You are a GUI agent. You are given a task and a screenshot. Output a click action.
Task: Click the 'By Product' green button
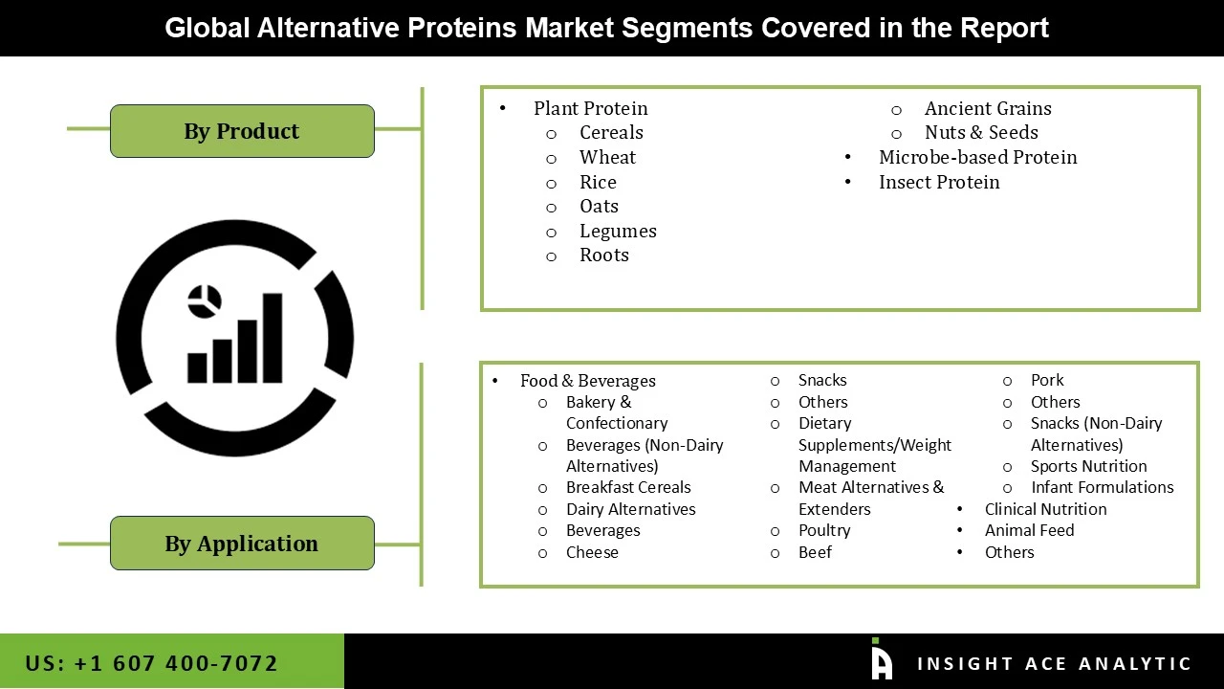click(242, 131)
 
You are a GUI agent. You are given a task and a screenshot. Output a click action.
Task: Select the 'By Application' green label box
click(242, 544)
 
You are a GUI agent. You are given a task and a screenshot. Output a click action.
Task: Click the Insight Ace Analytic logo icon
click(882, 660)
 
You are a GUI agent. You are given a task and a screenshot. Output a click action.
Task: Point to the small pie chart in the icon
click(204, 300)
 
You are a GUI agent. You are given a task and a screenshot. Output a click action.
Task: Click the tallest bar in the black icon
click(272, 337)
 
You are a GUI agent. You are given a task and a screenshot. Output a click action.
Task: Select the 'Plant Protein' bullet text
click(590, 108)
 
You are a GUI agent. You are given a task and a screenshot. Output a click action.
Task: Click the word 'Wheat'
click(607, 157)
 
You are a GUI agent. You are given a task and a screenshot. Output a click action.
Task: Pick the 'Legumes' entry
click(618, 231)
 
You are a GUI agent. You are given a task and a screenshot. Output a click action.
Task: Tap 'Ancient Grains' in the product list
click(988, 108)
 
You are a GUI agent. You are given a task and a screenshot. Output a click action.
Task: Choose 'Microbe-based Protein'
click(977, 157)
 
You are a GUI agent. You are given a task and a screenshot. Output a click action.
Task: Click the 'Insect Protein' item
click(939, 182)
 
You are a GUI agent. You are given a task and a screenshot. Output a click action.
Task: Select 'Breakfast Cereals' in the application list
click(628, 487)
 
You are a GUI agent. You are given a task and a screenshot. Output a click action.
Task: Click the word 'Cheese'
click(592, 552)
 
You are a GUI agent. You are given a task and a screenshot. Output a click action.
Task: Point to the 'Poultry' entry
click(824, 530)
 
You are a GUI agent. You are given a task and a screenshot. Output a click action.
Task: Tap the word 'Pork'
click(1047, 380)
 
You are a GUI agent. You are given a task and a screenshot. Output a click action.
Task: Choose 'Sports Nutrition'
click(1088, 466)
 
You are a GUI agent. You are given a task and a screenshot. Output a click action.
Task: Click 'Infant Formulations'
click(1102, 487)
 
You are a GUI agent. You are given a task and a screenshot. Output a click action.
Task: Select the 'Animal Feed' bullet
click(1029, 530)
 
